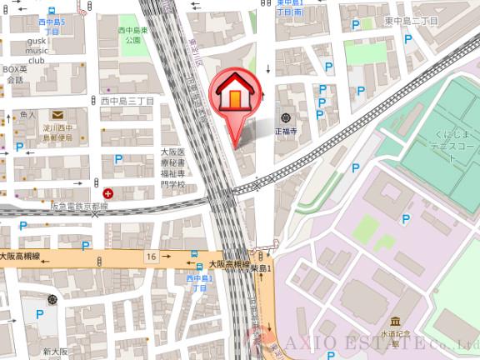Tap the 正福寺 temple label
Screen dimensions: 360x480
click(287, 131)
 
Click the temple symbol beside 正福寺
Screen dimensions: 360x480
click(286, 118)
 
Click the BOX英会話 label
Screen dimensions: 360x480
click(14, 75)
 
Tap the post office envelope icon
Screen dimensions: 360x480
click(57, 114)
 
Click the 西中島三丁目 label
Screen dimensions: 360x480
click(134, 101)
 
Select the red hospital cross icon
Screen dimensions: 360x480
click(108, 192)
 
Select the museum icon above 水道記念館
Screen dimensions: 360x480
click(395, 321)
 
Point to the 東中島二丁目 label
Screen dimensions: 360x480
click(412, 20)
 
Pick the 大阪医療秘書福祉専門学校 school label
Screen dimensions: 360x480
click(175, 168)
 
